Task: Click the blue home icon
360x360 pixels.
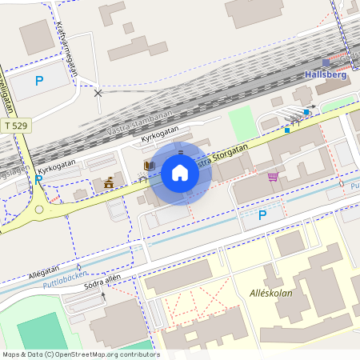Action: (180, 172)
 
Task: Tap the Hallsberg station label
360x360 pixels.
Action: (327, 74)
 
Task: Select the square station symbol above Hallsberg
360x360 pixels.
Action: (326, 62)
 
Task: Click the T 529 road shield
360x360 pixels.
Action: (14, 126)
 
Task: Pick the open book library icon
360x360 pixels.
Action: (148, 166)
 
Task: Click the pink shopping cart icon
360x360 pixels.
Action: (273, 177)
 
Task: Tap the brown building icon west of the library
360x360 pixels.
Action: (109, 183)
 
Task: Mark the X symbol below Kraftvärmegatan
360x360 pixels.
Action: (98, 93)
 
